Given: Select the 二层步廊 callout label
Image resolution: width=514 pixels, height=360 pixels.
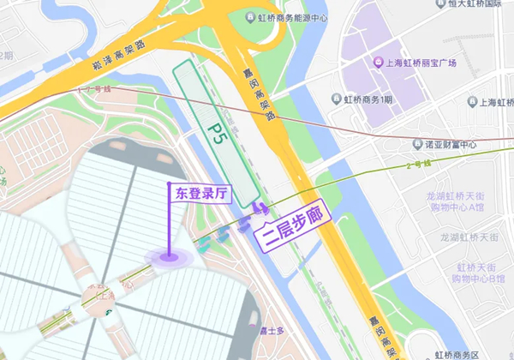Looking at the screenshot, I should tap(292, 231).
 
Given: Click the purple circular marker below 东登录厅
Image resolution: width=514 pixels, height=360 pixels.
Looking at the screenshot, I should tap(169, 255).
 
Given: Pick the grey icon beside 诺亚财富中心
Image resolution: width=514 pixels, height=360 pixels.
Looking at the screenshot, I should tap(417, 144).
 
